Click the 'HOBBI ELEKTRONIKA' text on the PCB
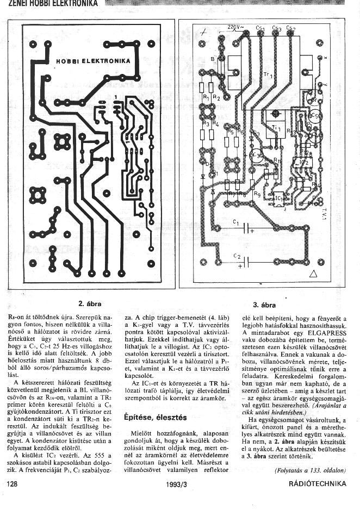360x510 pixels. [x=93, y=61]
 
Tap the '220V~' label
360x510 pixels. [x=235, y=27]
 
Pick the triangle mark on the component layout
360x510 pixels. [x=313, y=274]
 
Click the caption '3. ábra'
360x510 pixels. [x=263, y=305]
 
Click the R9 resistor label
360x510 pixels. [x=257, y=194]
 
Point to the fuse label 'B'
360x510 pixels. [x=212, y=59]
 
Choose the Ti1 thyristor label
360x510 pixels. [x=276, y=128]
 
